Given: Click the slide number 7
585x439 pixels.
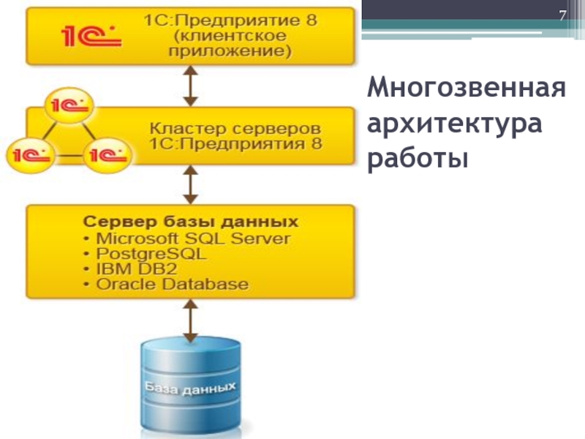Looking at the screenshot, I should pos(563,17).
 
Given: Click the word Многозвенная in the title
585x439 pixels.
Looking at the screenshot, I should pos(467,90).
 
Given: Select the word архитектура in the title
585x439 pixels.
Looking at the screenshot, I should pos(455,124).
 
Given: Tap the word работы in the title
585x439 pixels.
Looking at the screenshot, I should pos(417,157).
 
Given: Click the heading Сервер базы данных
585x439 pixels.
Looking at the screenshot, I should pos(190,222).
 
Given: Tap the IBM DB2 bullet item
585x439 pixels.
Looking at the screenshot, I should pos(131,269).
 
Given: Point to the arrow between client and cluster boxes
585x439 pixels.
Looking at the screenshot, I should pos(191,86).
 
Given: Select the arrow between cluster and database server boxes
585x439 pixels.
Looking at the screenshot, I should pos(191,184).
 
